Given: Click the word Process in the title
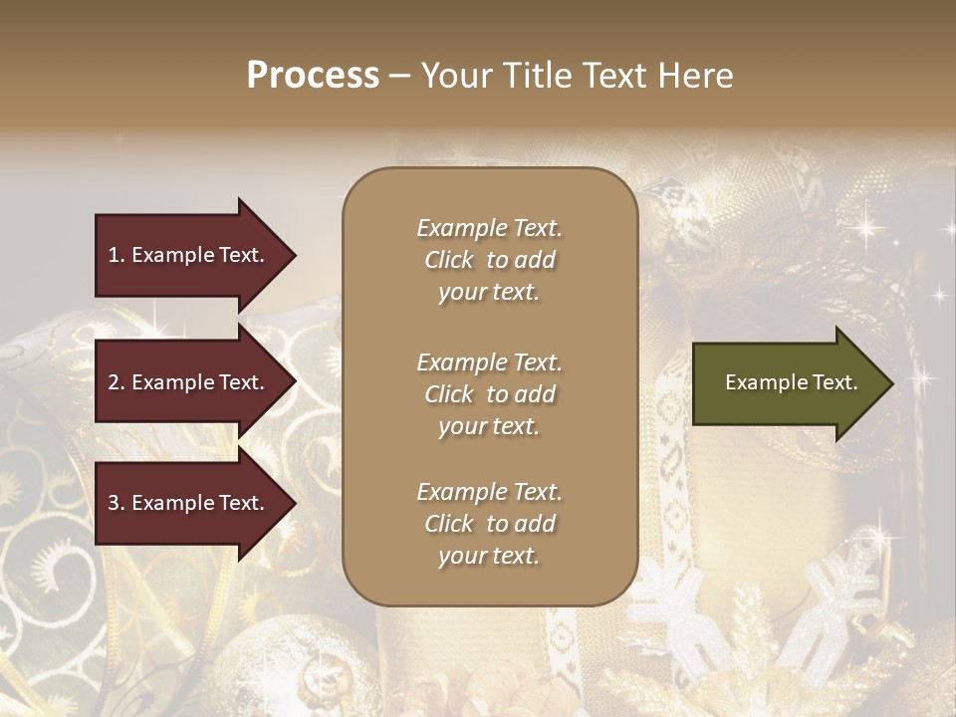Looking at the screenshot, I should pos(313,76).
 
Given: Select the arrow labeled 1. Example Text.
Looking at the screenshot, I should pos(189,255).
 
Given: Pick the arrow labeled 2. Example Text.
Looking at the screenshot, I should pos(189,382).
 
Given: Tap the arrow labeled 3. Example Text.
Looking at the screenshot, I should pos(189,503).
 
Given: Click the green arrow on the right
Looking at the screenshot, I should pos(787,383).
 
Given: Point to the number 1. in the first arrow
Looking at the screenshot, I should pos(117,255).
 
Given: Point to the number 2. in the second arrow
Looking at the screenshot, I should pos(117,382).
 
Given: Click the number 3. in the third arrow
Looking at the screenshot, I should pos(117,503).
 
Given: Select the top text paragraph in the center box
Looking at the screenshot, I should pos(489,260).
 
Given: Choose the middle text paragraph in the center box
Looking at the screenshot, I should pos(489,394).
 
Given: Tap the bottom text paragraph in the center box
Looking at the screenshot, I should pos(489,524).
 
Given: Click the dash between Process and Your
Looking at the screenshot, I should pos(399,76).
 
